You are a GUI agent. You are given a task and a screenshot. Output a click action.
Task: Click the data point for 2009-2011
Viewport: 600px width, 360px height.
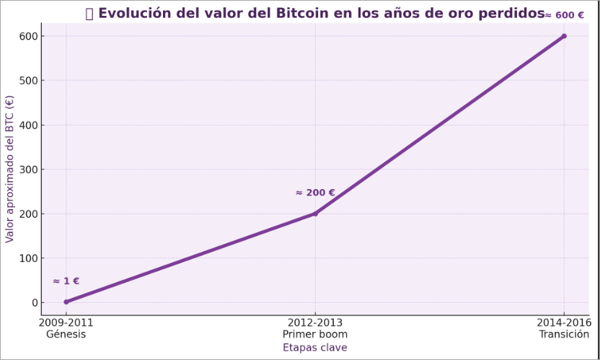pos(66,302)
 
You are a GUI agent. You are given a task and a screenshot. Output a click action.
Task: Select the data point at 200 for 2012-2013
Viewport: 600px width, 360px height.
pos(315,214)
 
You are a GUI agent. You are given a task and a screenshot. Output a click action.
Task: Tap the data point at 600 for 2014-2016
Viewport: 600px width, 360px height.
pos(564,36)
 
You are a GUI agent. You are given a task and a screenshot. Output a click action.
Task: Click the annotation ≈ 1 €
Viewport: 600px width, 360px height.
pos(66,281)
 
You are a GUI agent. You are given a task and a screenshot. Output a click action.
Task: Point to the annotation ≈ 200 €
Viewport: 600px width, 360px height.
pos(315,193)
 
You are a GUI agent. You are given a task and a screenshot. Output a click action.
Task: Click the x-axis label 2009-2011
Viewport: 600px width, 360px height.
pos(66,323)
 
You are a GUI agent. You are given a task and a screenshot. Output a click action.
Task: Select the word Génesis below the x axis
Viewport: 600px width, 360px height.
pos(66,335)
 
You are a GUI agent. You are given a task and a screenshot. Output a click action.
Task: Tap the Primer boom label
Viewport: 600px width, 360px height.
pos(315,335)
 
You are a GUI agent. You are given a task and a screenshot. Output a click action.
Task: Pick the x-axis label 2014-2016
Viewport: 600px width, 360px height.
pos(564,323)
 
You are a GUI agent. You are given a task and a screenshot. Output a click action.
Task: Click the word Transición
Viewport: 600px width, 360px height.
pos(564,335)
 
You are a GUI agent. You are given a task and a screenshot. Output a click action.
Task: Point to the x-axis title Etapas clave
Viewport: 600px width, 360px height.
pos(314,348)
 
